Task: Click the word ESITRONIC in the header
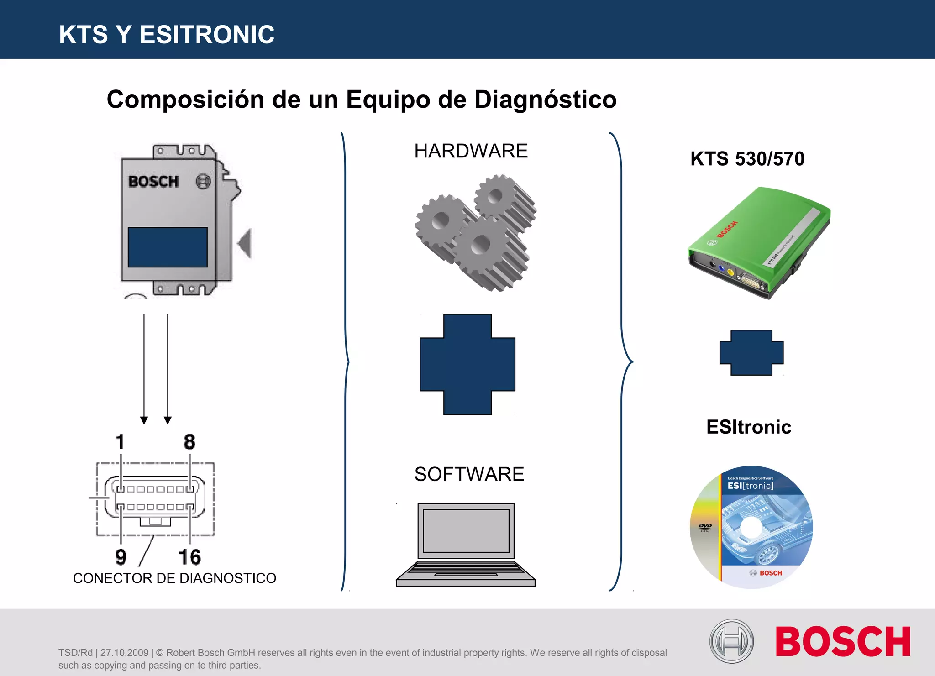pos(207,35)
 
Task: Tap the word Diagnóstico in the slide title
pos(545,100)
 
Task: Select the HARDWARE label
pos(471,151)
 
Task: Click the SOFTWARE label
pos(469,474)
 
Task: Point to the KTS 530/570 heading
pos(747,159)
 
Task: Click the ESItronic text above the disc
pos(748,427)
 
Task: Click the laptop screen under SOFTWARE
pos(466,531)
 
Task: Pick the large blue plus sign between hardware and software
pos(467,364)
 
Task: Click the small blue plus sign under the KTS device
pos(751,352)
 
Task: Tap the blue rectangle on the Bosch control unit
pos(168,247)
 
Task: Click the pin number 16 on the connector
pos(189,557)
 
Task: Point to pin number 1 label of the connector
pos(120,442)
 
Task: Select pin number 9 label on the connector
pos(121,557)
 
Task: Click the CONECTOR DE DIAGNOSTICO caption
pos(174,578)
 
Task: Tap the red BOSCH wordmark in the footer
pos(843,642)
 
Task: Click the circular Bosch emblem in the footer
pos(731,641)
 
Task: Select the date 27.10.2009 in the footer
pos(124,653)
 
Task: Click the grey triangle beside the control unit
pos(246,243)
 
